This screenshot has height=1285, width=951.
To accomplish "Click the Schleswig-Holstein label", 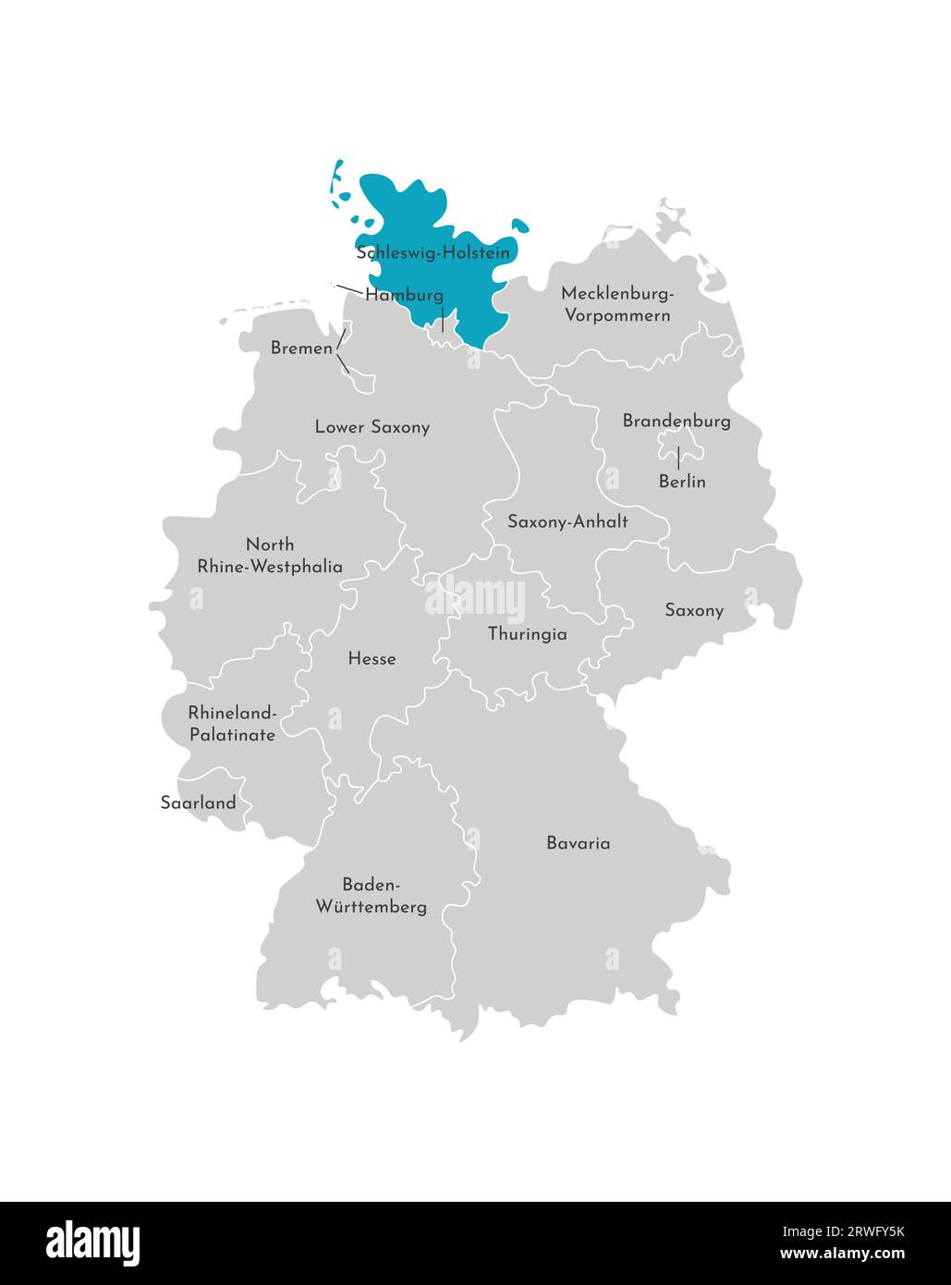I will [x=433, y=252].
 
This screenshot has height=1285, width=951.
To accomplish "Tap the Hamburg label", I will [x=404, y=296].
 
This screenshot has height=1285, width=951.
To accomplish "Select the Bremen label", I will [x=301, y=349].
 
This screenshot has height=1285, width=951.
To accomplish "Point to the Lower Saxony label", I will [x=372, y=427].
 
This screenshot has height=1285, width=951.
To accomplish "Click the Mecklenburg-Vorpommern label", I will [x=616, y=304].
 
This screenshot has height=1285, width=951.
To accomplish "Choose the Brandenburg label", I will [x=676, y=422].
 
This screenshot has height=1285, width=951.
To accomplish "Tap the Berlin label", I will [x=682, y=482].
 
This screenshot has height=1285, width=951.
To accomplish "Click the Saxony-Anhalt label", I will [x=567, y=521].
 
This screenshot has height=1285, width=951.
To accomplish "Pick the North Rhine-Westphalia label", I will [x=270, y=556].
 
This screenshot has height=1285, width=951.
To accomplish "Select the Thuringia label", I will [x=527, y=634].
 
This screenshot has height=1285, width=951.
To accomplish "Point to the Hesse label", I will [x=372, y=659].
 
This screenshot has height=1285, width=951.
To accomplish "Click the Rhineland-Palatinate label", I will [x=232, y=724].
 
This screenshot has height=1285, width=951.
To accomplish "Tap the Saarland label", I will [x=198, y=802].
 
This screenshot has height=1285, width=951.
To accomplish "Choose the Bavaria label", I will [x=578, y=843].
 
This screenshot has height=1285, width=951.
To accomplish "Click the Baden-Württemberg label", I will [x=372, y=895].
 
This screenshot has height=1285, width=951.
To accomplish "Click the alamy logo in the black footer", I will [x=93, y=1243].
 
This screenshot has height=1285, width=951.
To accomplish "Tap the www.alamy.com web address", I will [x=842, y=1254].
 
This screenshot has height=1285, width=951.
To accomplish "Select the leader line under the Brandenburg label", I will [x=679, y=456].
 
